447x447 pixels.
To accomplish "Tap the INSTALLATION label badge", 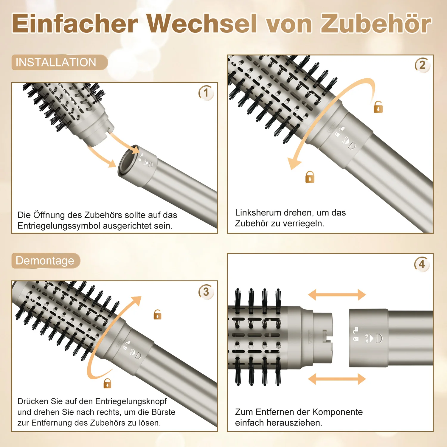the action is pos(60,62).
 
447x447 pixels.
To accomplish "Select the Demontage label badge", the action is pos(46,260).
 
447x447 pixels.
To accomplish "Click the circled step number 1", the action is pos(206,93).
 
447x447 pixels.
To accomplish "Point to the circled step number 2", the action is pos(422,65).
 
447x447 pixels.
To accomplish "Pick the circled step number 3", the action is pos(206,292).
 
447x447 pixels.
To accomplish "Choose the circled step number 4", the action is pos(422,264).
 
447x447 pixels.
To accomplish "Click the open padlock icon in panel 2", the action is pos(378,107).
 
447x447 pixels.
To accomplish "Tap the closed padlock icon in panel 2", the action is pos(310,177).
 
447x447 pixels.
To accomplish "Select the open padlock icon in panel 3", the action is pos(157,314).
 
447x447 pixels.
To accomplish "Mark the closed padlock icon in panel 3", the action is pos(107,383).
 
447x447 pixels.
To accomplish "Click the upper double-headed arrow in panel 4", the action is pos(337,295).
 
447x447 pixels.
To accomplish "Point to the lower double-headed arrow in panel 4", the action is pos(337,379).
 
